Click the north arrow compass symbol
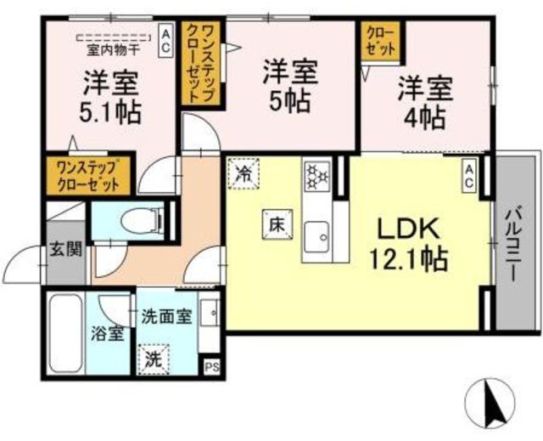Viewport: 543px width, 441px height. tap(490, 403)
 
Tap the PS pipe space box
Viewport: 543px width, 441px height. tap(211, 366)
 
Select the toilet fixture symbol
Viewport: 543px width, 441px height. tap(143, 221)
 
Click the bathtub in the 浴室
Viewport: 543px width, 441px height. tap(66, 334)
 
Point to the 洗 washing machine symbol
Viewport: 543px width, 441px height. tap(153, 359)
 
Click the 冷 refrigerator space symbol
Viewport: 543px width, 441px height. tap(244, 173)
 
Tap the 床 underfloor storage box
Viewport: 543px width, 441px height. tap(277, 224)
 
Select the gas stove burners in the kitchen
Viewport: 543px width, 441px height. tap(316, 176)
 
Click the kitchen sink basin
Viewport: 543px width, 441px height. tap(316, 237)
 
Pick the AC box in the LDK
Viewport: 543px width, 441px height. tap(469, 176)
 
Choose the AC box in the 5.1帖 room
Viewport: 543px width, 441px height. tap(165, 41)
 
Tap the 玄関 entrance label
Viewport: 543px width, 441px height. tap(66, 249)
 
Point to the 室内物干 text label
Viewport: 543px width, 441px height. tap(113, 51)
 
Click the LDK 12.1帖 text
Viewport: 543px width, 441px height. tap(409, 244)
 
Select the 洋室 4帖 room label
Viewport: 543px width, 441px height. tap(425, 104)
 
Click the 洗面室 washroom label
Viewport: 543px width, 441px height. tap(166, 317)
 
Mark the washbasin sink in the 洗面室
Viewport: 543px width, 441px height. tap(210, 313)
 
